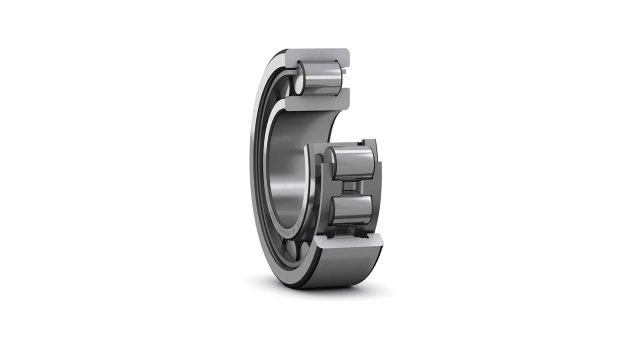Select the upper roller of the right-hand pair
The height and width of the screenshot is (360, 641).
[355, 162]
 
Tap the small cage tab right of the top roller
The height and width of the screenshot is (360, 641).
[345, 71]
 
